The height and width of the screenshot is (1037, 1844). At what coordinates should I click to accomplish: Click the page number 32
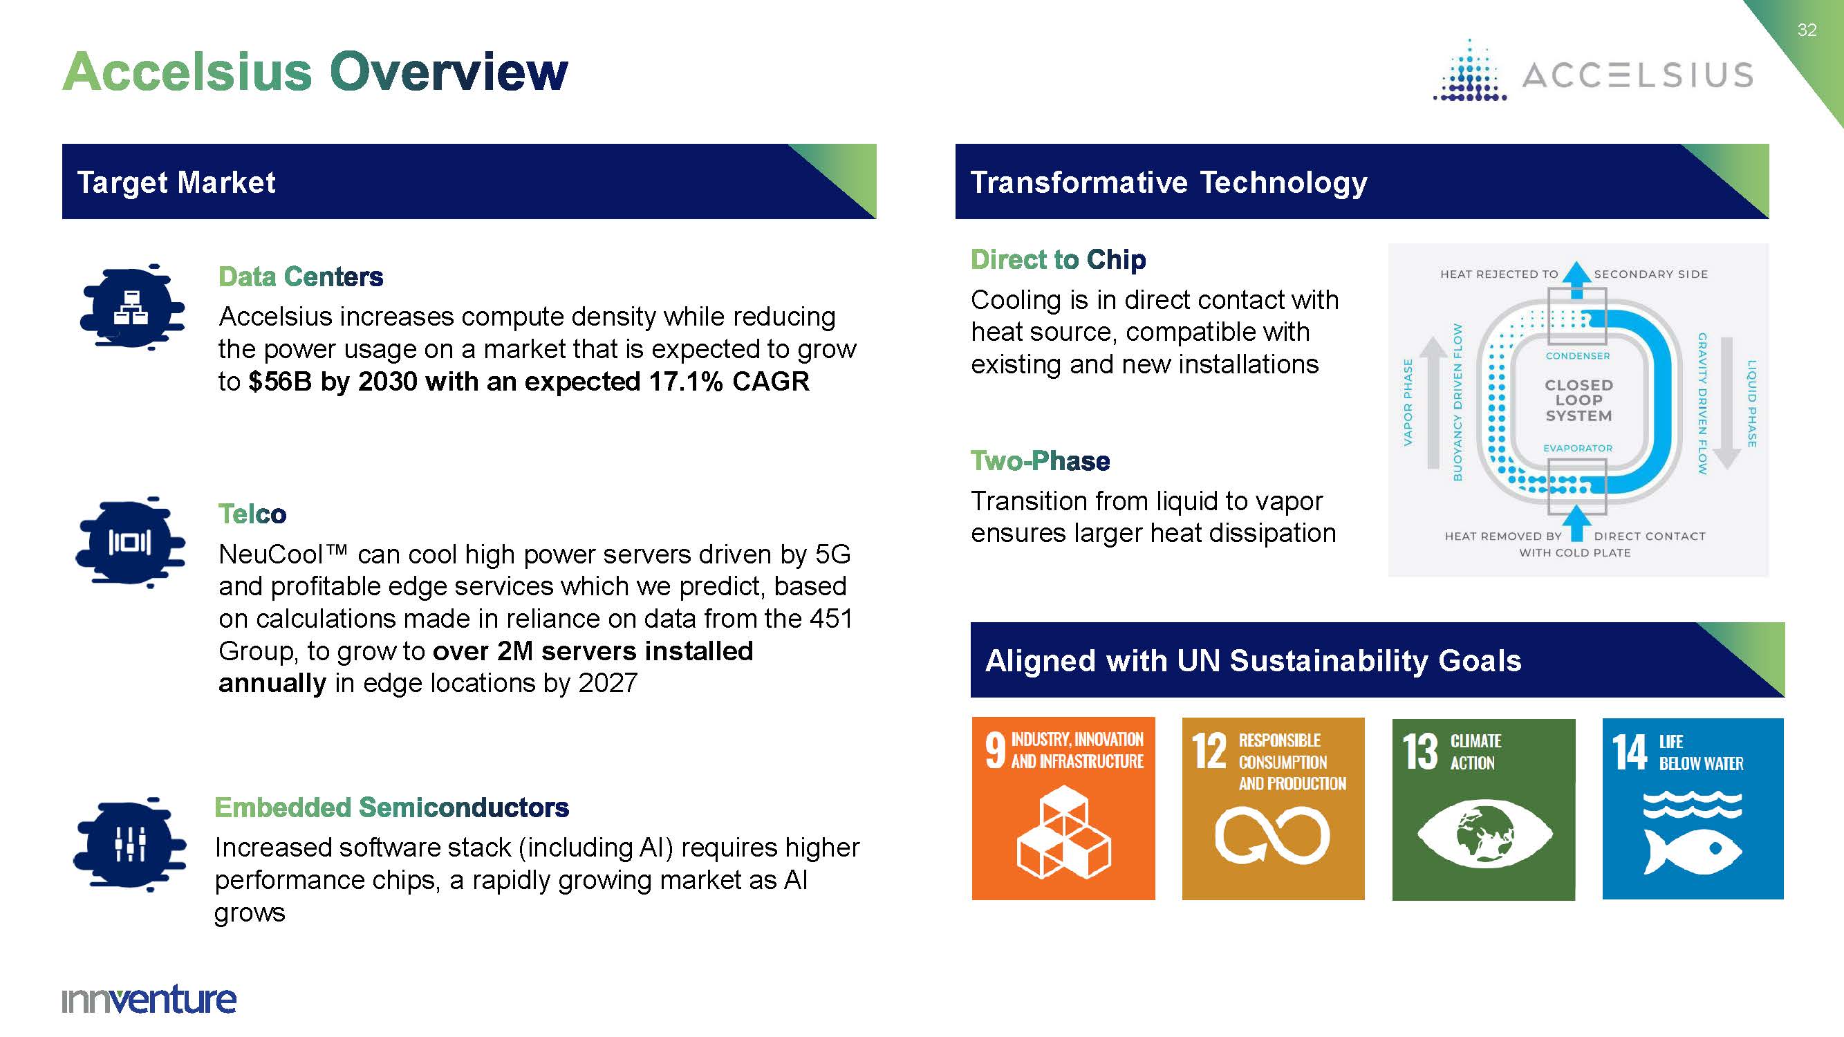point(1807,30)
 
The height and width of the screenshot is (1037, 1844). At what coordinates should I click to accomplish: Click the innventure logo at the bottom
point(149,999)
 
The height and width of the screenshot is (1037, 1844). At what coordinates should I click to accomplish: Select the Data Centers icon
point(131,306)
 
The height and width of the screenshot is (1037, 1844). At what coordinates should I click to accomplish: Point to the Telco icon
point(130,542)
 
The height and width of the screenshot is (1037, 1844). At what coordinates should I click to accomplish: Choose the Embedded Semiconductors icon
point(129,845)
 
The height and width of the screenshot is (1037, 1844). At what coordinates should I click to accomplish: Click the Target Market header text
point(176,183)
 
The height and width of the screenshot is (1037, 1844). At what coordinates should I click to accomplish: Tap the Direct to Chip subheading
point(1058,259)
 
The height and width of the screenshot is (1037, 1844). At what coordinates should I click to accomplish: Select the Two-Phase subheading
point(1040,461)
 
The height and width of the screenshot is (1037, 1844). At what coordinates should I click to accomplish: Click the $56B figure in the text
point(280,382)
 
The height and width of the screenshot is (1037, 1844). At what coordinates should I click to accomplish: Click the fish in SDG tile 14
point(1693,850)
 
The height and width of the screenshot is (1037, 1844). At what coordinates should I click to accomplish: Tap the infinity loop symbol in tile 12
point(1272,834)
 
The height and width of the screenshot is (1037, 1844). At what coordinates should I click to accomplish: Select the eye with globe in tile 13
point(1484,834)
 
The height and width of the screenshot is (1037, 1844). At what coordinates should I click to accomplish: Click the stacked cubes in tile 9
point(1063,832)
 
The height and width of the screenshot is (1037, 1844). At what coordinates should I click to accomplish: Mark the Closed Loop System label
point(1578,400)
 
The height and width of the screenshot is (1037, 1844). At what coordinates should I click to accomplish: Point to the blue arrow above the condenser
point(1576,281)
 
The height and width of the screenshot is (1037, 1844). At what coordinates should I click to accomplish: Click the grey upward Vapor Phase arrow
point(1433,403)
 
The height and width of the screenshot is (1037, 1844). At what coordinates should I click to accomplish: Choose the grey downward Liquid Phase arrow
point(1726,403)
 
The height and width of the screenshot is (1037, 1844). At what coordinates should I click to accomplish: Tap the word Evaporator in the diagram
point(1578,448)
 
